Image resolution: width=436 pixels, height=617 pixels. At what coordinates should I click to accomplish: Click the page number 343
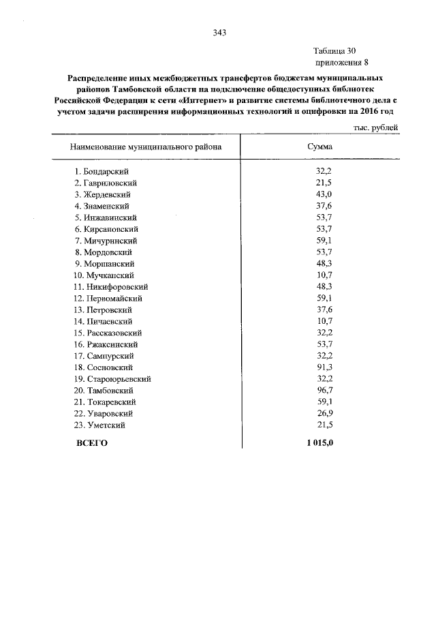click(x=219, y=33)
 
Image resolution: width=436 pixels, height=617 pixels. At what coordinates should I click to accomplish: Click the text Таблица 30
click(x=334, y=51)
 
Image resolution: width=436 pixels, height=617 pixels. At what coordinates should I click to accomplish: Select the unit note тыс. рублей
click(x=375, y=127)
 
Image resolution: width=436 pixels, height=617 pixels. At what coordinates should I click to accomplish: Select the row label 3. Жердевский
click(x=103, y=194)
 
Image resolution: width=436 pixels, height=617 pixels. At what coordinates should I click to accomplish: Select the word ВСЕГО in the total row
click(x=91, y=443)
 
